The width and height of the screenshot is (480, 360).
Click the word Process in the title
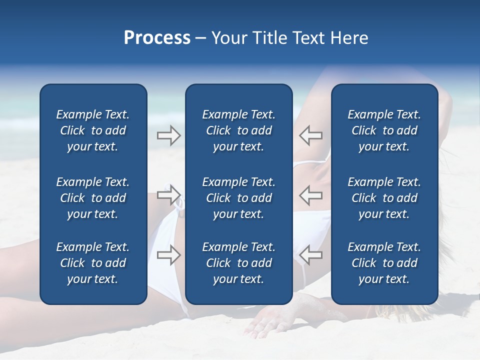coord(157,38)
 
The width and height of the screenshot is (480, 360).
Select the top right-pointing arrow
coord(168,135)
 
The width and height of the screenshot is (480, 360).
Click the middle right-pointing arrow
coord(168,194)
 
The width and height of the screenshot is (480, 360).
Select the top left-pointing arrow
coord(311,135)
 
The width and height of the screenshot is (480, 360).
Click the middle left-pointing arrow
coord(311,194)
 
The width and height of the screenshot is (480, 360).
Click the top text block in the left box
coord(93,130)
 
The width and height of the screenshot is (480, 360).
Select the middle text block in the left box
coord(93,198)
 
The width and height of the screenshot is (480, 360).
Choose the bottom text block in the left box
coord(93,263)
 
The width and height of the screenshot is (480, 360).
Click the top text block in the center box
coord(239,130)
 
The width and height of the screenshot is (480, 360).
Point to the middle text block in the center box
coord(239,198)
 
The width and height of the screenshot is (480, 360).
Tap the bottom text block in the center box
coord(239,263)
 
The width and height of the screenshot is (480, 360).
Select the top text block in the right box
coord(384,130)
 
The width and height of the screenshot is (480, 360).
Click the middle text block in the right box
coord(384,198)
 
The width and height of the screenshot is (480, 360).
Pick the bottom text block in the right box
coord(384,263)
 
